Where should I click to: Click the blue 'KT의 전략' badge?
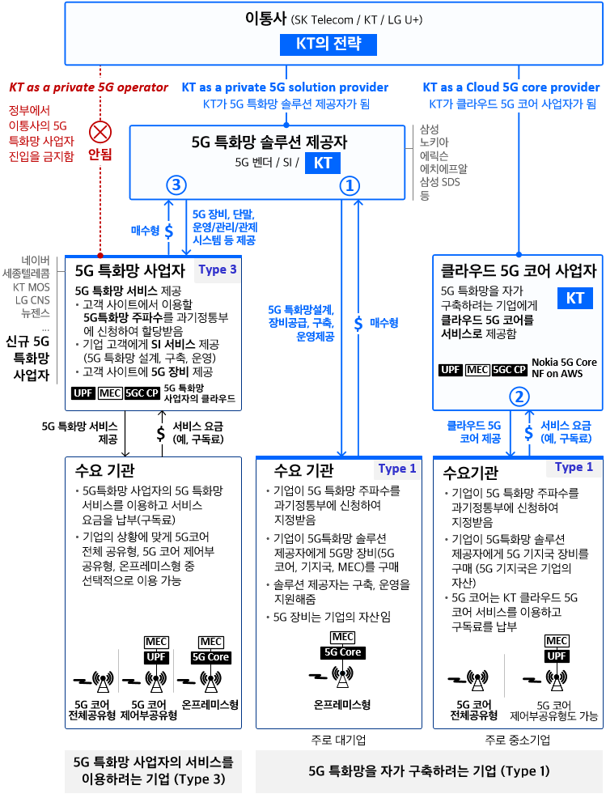click(328, 45)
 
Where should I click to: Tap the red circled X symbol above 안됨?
click(100, 132)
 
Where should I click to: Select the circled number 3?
click(176, 185)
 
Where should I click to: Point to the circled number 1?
click(350, 186)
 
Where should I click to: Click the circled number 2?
click(519, 397)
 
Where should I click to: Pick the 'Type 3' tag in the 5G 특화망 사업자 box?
click(218, 270)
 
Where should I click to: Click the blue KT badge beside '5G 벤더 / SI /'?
click(323, 163)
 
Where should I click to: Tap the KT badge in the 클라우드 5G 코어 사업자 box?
click(575, 298)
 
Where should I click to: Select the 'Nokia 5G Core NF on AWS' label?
click(564, 368)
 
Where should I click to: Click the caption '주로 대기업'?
click(338, 740)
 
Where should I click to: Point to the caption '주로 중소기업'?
click(518, 740)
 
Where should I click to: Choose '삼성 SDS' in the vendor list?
click(439, 181)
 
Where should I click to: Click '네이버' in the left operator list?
click(36, 261)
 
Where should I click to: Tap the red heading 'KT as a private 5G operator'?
click(88, 87)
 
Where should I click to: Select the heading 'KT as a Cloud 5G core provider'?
click(511, 87)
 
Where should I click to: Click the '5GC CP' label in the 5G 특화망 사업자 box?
click(142, 393)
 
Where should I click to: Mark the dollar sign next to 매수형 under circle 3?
click(169, 231)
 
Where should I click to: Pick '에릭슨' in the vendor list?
click(434, 155)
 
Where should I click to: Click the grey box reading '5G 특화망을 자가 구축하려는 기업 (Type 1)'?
click(429, 771)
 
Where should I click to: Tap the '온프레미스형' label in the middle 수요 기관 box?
click(342, 705)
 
